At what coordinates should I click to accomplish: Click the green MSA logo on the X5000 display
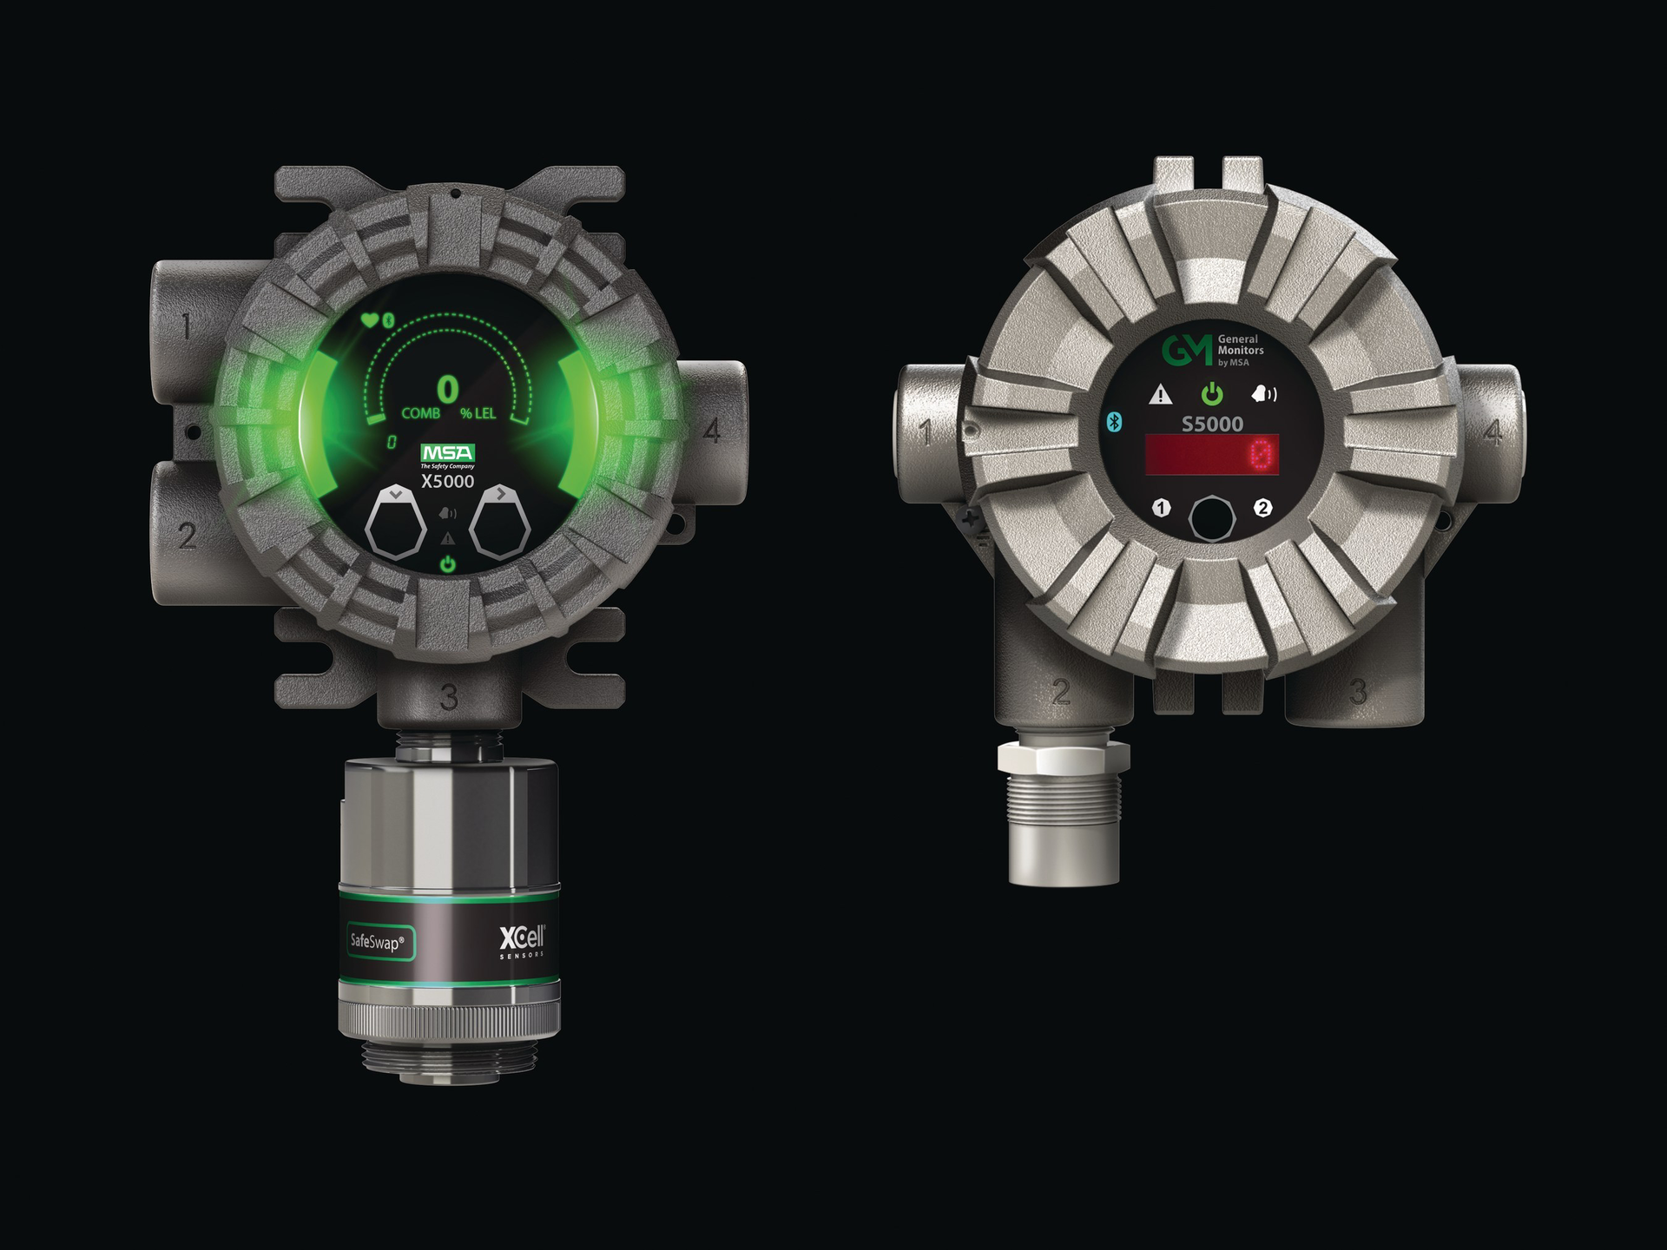pyautogui.click(x=447, y=453)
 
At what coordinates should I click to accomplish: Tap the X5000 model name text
pyautogui.click(x=447, y=482)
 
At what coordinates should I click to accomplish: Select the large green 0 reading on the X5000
pyautogui.click(x=447, y=391)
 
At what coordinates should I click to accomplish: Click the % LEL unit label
pyautogui.click(x=478, y=414)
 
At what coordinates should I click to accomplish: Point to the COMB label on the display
pyautogui.click(x=420, y=414)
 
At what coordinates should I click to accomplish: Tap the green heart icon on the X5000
pyautogui.click(x=370, y=321)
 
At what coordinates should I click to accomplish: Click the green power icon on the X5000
pyautogui.click(x=447, y=564)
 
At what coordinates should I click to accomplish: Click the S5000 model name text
pyautogui.click(x=1212, y=424)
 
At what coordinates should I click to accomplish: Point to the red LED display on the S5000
pyautogui.click(x=1212, y=455)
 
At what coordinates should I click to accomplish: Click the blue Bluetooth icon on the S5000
pyautogui.click(x=1115, y=422)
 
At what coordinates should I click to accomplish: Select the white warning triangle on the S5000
pyautogui.click(x=1160, y=396)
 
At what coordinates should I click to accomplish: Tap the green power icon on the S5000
pyautogui.click(x=1212, y=396)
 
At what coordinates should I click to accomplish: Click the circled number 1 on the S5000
pyautogui.click(x=1161, y=508)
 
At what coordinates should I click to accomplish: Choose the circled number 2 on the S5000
pyautogui.click(x=1263, y=508)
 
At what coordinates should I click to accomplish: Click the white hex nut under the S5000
pyautogui.click(x=1064, y=756)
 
